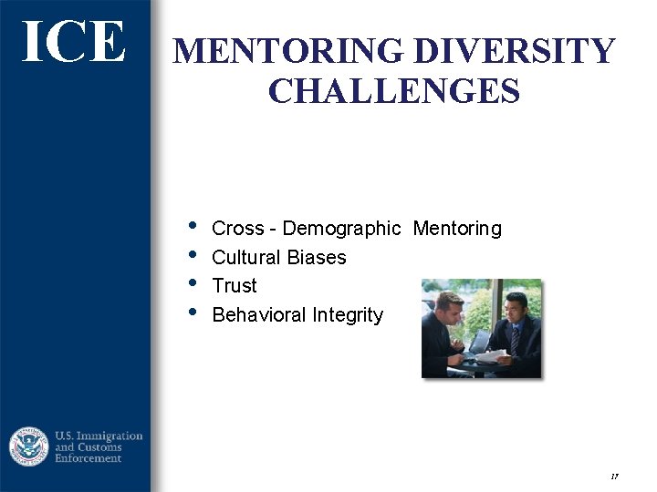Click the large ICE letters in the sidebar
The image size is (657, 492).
(x=73, y=42)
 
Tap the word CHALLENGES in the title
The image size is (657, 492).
(x=394, y=92)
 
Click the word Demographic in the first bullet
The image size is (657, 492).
(x=341, y=229)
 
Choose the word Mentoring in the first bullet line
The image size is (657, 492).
(x=457, y=229)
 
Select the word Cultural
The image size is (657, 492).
(x=245, y=258)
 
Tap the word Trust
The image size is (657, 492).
(x=235, y=286)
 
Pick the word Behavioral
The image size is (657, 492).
(x=259, y=315)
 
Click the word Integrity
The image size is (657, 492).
(x=348, y=315)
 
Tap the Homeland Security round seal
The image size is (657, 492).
(x=29, y=446)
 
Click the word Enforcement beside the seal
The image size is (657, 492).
(x=89, y=458)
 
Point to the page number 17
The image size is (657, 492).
(x=614, y=476)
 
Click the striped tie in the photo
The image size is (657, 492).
(x=515, y=338)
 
